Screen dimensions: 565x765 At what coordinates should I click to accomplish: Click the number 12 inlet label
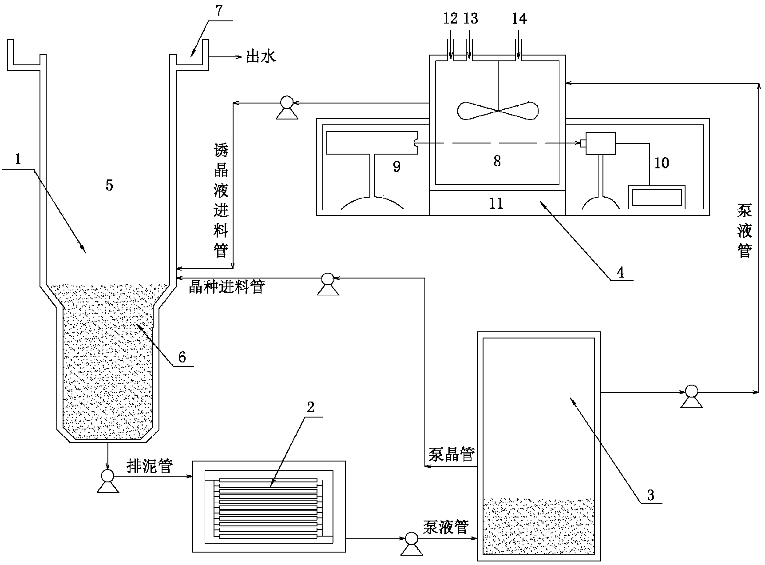coord(450,19)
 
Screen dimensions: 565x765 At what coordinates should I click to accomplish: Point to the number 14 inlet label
coord(519,19)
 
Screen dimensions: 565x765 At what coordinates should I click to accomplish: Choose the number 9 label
coord(396,167)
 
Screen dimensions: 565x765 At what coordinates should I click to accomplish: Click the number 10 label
coord(661,163)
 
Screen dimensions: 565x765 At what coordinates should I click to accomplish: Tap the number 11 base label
coord(496,203)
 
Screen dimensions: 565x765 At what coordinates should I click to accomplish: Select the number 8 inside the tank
coord(497,161)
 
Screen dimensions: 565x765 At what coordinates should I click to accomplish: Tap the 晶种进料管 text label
coord(226,287)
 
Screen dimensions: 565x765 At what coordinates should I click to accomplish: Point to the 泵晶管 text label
coord(452,455)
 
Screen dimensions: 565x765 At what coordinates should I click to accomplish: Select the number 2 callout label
coord(310,407)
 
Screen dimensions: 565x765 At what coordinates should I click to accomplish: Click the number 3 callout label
coord(650,495)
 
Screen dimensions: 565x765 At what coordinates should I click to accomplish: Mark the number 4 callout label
coord(621,272)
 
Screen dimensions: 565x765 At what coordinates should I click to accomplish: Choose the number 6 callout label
coord(182,357)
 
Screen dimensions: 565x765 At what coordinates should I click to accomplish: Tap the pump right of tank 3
coord(691,394)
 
